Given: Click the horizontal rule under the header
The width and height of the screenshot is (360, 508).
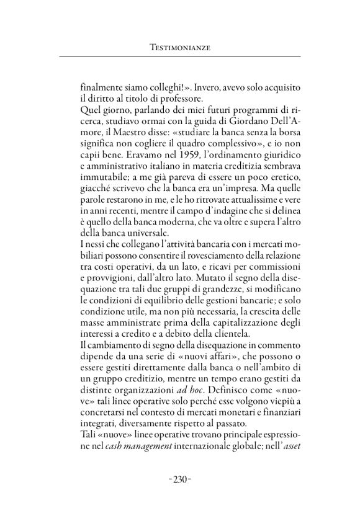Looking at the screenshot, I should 179,58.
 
